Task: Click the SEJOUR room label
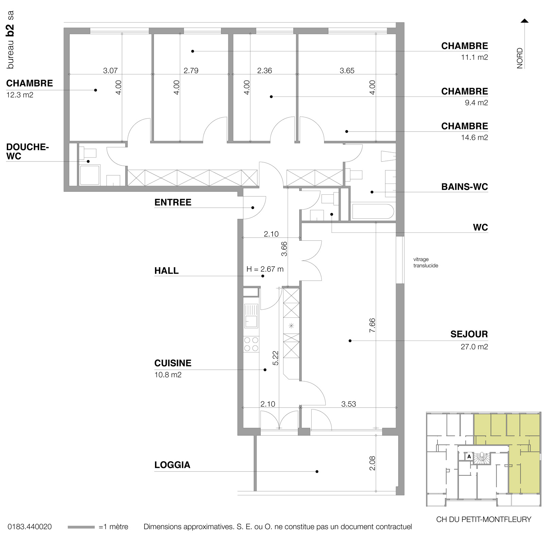[x=469, y=334]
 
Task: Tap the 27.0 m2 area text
[x=474, y=347]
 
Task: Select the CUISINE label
[x=173, y=363]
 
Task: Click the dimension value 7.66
[x=372, y=325]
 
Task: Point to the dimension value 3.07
[x=110, y=71]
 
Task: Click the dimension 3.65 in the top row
[x=347, y=71]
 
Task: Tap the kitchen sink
[x=251, y=316]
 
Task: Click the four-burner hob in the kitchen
[x=251, y=344]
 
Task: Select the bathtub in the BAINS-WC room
[x=373, y=211]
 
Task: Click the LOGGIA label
[x=172, y=465]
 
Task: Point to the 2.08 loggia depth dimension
[x=372, y=463]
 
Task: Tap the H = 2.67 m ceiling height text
[x=265, y=269]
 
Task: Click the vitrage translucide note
[x=426, y=262]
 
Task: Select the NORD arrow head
[x=524, y=21]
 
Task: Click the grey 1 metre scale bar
[x=81, y=527]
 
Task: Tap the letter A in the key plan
[x=469, y=456]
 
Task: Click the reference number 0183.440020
[x=30, y=527]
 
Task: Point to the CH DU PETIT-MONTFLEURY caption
[x=483, y=519]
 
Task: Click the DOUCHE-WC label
[x=27, y=152]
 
